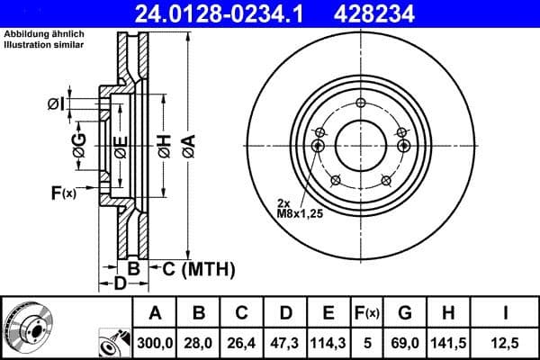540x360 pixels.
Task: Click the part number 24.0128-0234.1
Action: tap(231, 13)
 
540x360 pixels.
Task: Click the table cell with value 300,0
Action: tap(155, 340)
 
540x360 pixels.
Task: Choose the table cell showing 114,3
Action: tap(328, 340)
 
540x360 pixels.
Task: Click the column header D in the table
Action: tap(284, 313)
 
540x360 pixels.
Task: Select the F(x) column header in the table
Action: tap(367, 313)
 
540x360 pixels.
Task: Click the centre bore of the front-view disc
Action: tap(359, 144)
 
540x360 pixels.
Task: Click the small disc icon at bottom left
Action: tap(26, 324)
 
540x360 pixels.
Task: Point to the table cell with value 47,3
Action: tap(284, 340)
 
